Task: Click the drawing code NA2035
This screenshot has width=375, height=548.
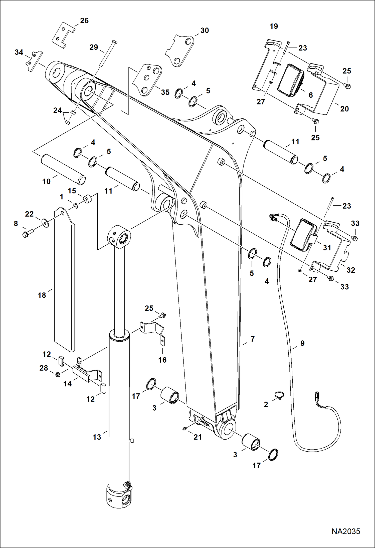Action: coord(346,531)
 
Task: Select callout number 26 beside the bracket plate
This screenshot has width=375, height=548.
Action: coord(84,20)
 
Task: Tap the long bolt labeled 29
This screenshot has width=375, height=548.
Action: coord(108,53)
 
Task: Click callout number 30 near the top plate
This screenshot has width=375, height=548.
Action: coord(205,30)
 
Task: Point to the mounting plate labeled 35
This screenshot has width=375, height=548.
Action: coord(148,80)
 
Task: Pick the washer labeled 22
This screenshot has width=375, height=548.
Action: coord(45,222)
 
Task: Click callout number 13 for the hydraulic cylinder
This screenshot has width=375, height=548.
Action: coord(97,437)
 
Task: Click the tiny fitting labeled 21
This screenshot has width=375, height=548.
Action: coord(184,429)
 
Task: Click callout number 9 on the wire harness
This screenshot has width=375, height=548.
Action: coord(302,343)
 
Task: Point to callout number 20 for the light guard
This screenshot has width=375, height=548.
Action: coord(344,109)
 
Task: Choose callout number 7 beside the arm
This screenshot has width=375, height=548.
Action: coord(253,339)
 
